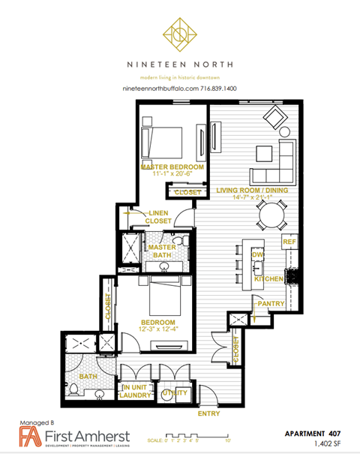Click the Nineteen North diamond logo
coord(179,34)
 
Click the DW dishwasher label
coord(257,255)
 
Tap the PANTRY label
coord(269,303)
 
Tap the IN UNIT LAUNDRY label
coord(136,391)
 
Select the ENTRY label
coord(208,413)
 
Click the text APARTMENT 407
coord(315,434)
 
